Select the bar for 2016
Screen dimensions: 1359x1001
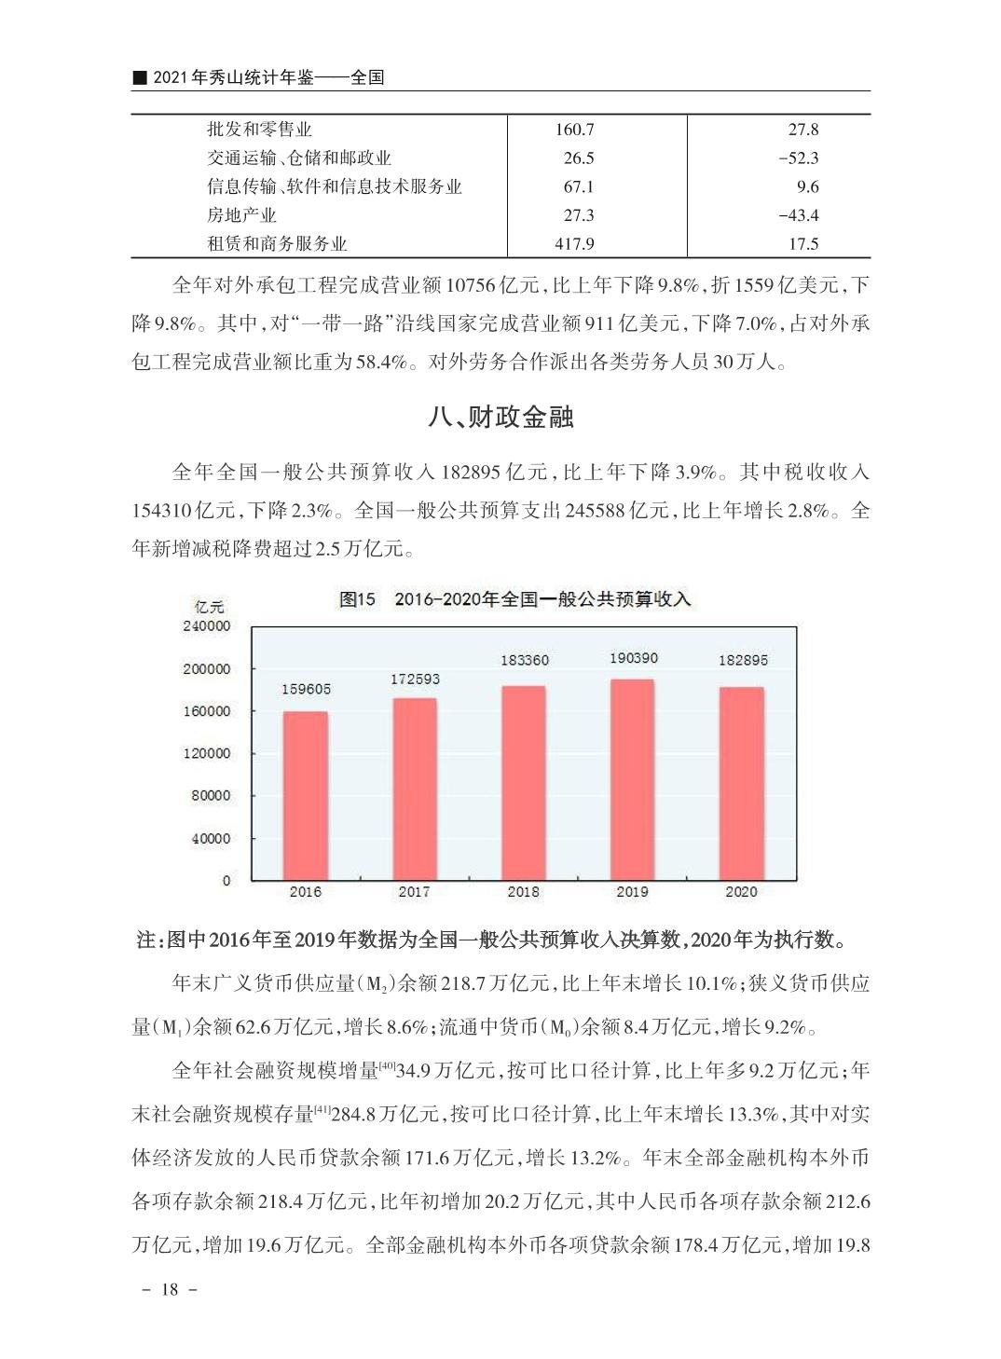click(x=306, y=795)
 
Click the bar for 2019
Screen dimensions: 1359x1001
click(x=632, y=779)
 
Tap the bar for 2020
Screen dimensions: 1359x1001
click(x=741, y=783)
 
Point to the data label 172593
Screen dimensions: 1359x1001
click(x=415, y=679)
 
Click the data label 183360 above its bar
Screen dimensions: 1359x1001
click(x=524, y=660)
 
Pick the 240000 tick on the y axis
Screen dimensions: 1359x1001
click(x=206, y=626)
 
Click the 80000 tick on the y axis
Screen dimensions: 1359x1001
click(x=210, y=796)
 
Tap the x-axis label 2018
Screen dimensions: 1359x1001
click(x=523, y=892)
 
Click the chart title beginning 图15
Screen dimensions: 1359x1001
click(x=514, y=599)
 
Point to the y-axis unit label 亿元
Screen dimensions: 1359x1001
click(x=209, y=607)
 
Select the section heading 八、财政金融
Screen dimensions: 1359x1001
click(x=500, y=417)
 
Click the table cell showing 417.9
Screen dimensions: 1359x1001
click(x=574, y=244)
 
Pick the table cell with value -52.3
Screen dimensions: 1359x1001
click(x=798, y=158)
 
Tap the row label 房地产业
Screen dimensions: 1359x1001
click(x=241, y=215)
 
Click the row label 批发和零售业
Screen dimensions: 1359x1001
click(x=259, y=130)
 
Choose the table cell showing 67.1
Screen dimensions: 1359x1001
click(x=578, y=186)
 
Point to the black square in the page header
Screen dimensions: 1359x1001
click(x=139, y=77)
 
